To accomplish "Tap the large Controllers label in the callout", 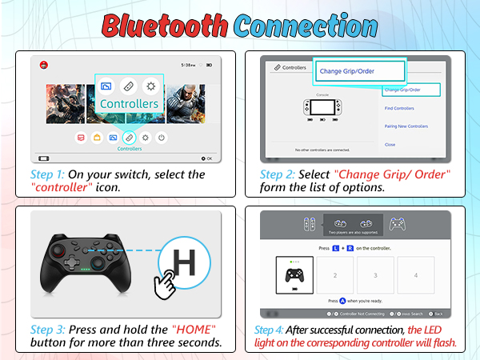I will (129, 104).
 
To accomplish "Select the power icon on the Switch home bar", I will (162, 138).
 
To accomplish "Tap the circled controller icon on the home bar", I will (129, 138).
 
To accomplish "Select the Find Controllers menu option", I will (399, 108).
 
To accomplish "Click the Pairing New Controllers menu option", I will (406, 126).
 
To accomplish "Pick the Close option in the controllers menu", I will (390, 145).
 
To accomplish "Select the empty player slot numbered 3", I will (375, 274).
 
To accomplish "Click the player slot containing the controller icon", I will (294, 274).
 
